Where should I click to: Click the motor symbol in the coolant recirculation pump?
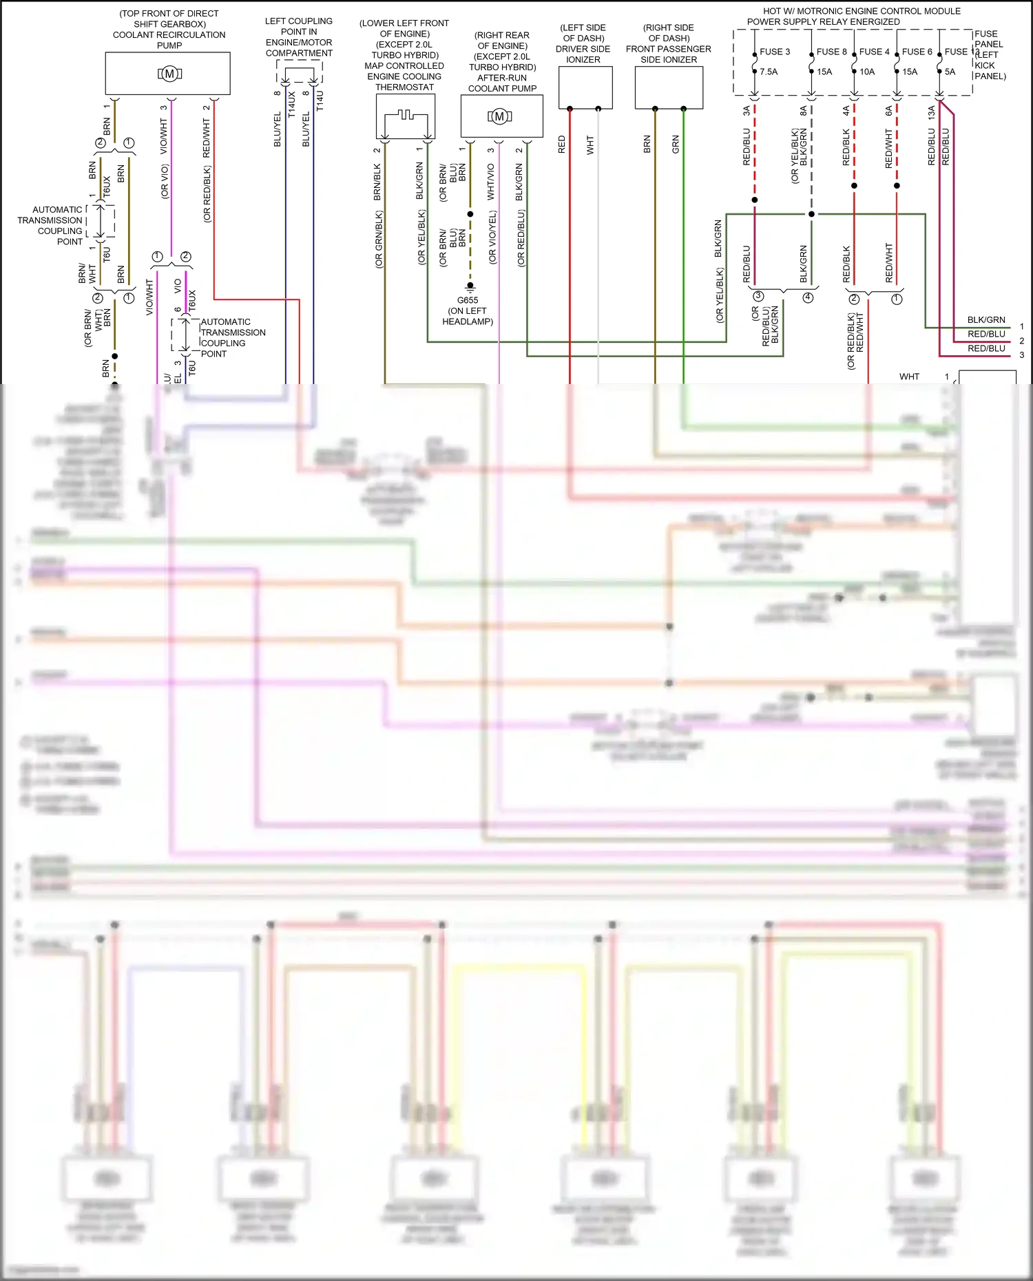point(169,74)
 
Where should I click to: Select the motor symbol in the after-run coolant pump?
point(500,116)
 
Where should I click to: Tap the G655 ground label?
point(468,300)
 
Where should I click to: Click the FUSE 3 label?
point(775,52)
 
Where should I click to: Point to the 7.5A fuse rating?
point(769,72)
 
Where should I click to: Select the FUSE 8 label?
point(831,52)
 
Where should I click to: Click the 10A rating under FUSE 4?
point(867,72)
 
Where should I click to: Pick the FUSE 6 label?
point(917,52)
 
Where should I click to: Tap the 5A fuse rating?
point(950,72)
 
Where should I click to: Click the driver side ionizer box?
point(585,87)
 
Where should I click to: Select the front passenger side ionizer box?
point(669,87)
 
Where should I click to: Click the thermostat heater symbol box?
point(406,116)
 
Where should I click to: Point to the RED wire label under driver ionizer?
point(562,145)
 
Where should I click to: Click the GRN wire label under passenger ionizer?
point(676,145)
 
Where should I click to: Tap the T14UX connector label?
point(292,104)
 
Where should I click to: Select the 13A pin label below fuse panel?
point(931,113)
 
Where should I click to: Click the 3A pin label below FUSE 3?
point(747,110)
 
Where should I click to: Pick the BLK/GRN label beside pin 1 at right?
point(985,320)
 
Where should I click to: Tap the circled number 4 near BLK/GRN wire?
point(808,297)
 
